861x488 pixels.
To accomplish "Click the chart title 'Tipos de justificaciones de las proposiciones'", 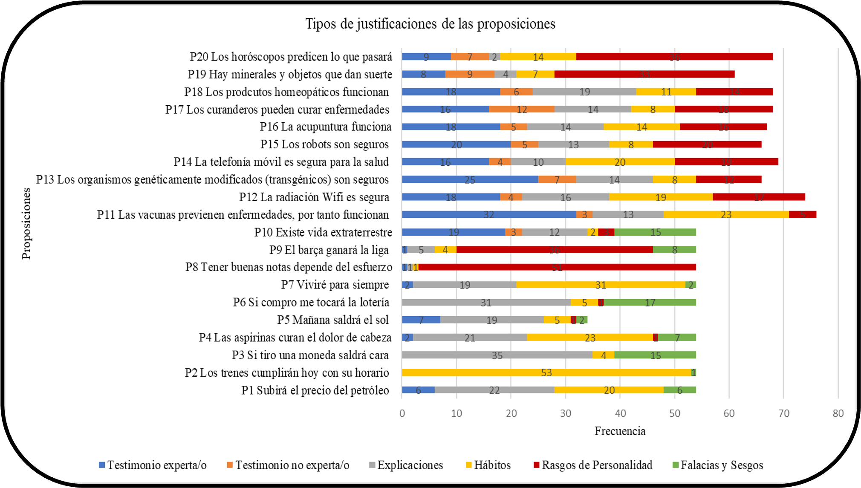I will (x=430, y=24).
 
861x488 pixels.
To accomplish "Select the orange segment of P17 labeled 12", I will (x=522, y=110).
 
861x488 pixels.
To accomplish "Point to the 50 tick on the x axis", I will (x=675, y=413).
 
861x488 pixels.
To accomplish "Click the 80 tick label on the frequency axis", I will (x=838, y=413).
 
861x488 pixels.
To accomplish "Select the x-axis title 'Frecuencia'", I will (x=620, y=431).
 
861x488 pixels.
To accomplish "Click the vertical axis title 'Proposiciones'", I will (x=26, y=223).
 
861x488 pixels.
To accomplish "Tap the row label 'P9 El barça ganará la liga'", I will (x=329, y=250).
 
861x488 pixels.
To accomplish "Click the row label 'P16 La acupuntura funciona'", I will (x=326, y=127).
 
